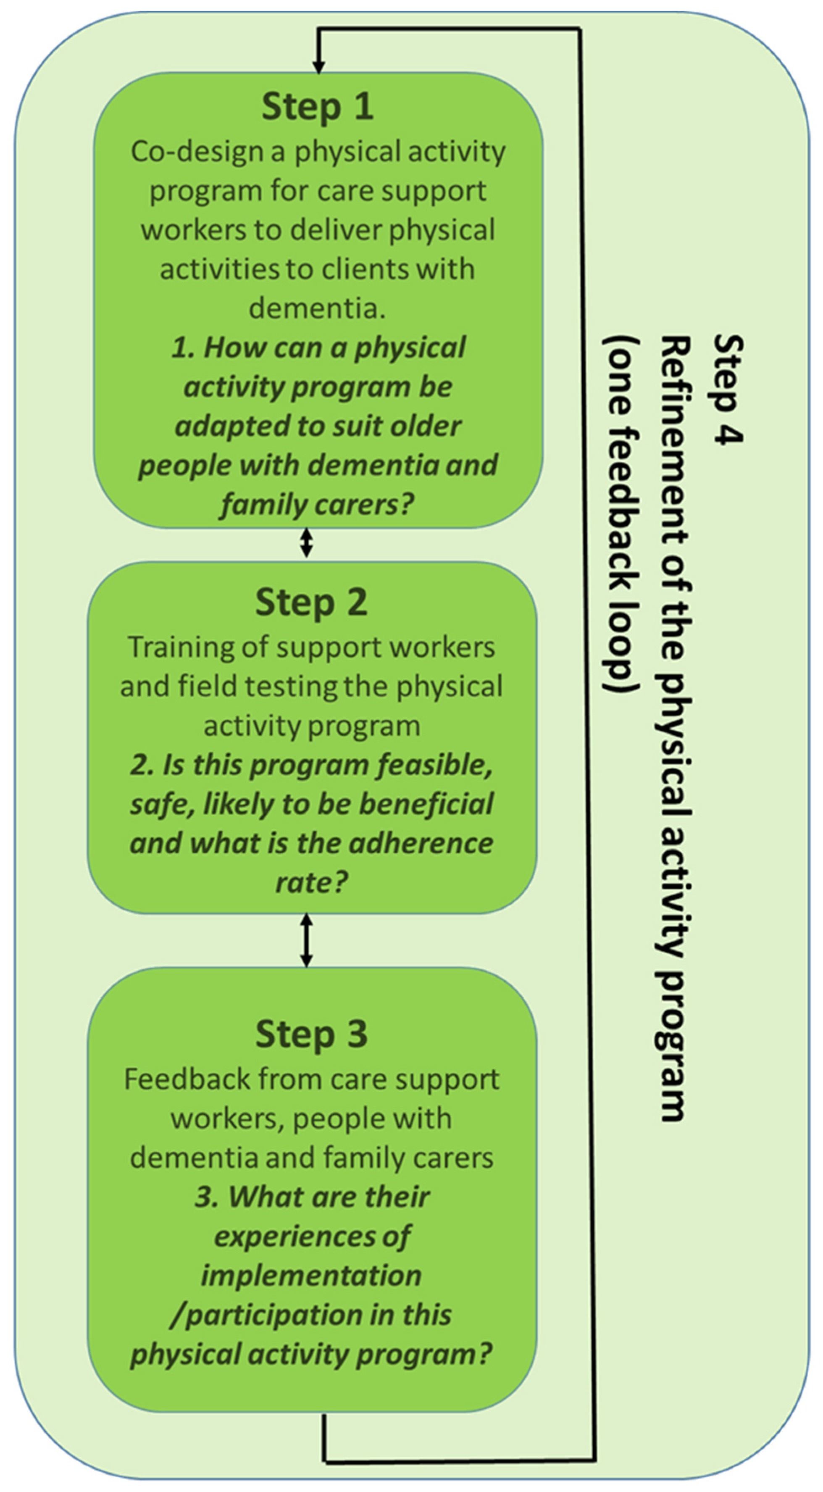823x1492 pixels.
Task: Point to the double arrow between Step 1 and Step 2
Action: pyautogui.click(x=306, y=544)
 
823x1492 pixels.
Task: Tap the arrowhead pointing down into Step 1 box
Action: pyautogui.click(x=318, y=65)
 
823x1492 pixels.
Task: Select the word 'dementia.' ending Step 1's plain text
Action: pyautogui.click(x=317, y=308)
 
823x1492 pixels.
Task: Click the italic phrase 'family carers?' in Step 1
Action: pyautogui.click(x=317, y=504)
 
